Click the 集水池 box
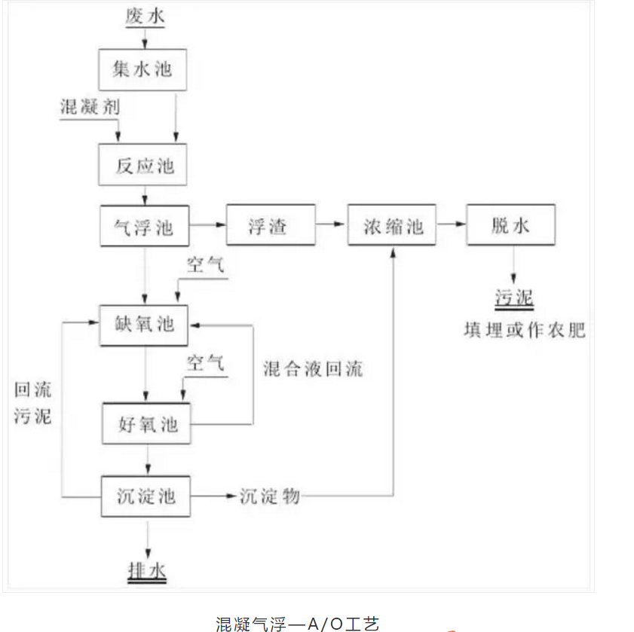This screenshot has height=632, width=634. tap(142, 70)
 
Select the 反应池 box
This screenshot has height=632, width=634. tap(143, 165)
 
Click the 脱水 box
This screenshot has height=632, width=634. tap(510, 224)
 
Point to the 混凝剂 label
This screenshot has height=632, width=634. tap(90, 107)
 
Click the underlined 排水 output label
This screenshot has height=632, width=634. tap(147, 570)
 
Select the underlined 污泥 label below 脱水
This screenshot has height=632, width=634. tap(514, 299)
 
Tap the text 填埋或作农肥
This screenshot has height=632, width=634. tap(524, 330)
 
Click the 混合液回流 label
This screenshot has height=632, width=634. tap(312, 368)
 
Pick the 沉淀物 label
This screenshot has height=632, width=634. tap(271, 496)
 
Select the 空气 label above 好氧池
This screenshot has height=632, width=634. tap(205, 363)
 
